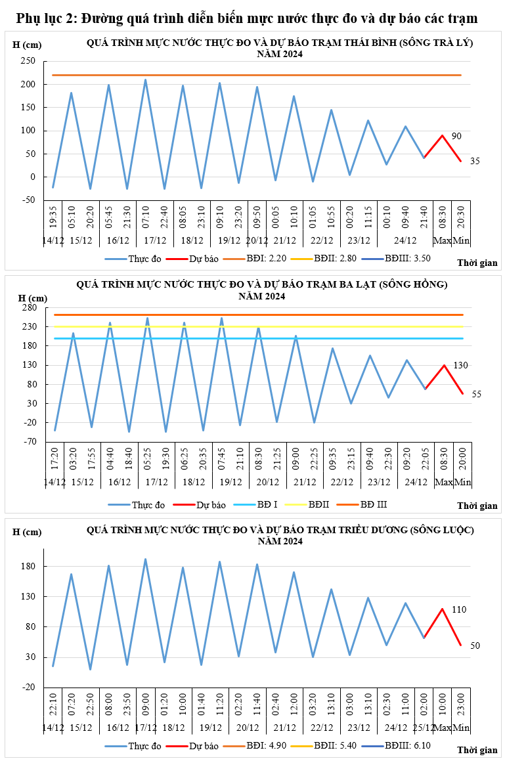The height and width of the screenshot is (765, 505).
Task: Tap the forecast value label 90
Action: (456, 136)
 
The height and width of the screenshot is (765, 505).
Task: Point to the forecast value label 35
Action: (475, 160)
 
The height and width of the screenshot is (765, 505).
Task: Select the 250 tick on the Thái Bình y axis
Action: (28, 61)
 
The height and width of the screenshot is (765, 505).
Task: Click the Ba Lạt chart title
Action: (262, 290)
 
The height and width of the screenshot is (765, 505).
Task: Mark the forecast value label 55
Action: (476, 394)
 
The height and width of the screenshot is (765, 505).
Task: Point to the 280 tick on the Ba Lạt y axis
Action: (29, 307)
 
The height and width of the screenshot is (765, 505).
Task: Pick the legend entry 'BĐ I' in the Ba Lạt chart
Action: (267, 505)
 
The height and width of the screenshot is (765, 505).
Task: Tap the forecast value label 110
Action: (459, 609)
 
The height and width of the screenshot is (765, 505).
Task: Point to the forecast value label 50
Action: (475, 645)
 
